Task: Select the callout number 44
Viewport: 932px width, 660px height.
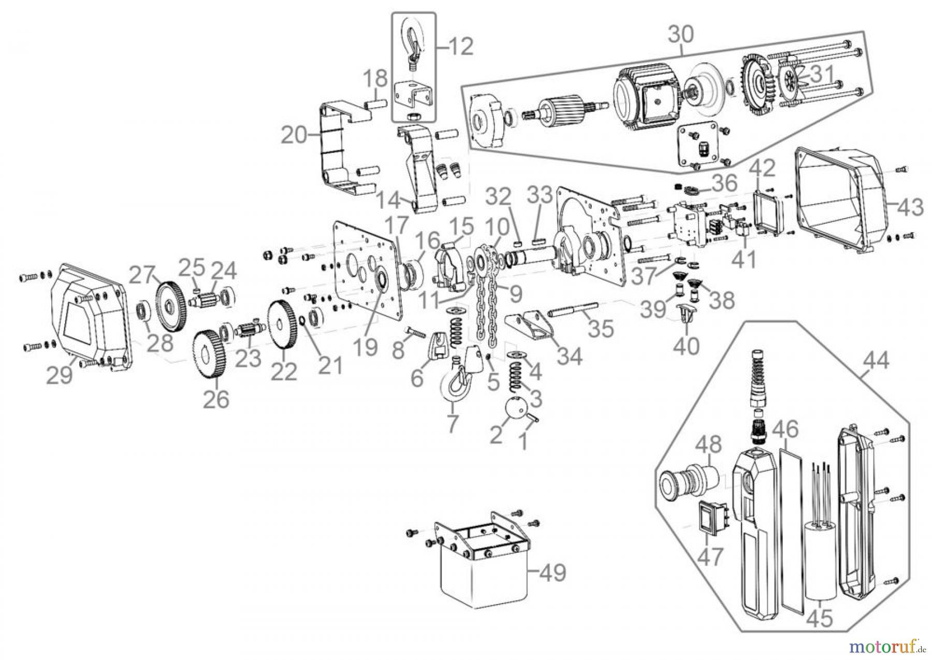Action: click(875, 360)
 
